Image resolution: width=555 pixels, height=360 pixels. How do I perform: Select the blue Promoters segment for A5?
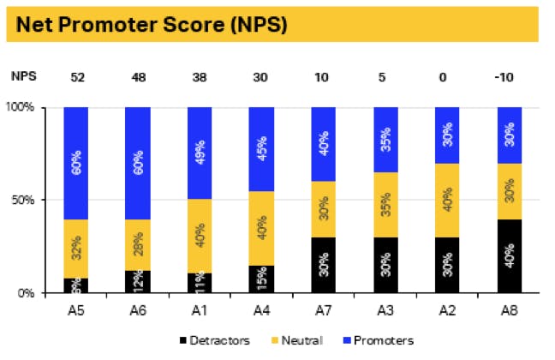(76, 163)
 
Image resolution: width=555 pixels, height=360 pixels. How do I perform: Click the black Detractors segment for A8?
(509, 255)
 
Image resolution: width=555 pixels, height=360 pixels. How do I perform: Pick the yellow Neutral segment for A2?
(447, 201)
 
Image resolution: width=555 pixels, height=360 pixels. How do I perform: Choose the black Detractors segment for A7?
(323, 265)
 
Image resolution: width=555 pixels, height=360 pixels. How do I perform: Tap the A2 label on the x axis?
(447, 307)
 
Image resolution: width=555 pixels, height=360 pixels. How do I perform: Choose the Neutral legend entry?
(298, 340)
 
